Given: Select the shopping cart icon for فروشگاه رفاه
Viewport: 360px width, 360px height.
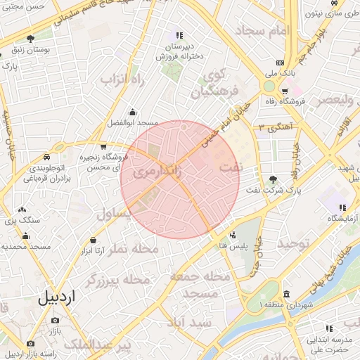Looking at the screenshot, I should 284,91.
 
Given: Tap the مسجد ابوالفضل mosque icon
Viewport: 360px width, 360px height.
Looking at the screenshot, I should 132,111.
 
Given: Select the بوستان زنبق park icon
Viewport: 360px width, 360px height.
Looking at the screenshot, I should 30,39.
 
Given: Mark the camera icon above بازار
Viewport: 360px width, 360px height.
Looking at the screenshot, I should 55,320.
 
